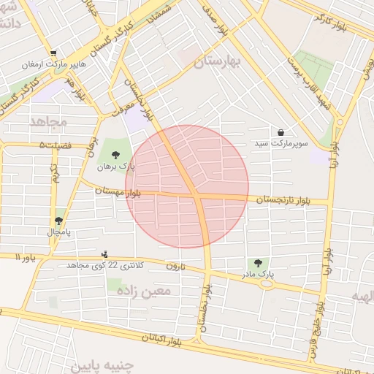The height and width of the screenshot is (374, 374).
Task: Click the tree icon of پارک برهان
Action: (115, 153)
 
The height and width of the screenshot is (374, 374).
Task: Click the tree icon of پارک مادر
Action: (256, 262)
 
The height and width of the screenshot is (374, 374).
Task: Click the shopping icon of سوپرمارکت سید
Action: (281, 132)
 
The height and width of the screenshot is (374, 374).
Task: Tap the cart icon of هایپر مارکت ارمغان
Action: (53, 53)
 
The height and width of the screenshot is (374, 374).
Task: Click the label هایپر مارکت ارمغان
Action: (59, 65)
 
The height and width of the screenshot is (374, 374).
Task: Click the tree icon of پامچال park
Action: (58, 220)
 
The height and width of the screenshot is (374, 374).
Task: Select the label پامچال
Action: (58, 232)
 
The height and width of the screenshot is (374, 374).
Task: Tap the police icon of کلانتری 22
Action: (105, 253)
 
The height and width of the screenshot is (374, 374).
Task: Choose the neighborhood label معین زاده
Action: (142, 291)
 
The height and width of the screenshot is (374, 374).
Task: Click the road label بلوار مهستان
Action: (118, 191)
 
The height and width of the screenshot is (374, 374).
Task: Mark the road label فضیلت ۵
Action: (56, 145)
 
